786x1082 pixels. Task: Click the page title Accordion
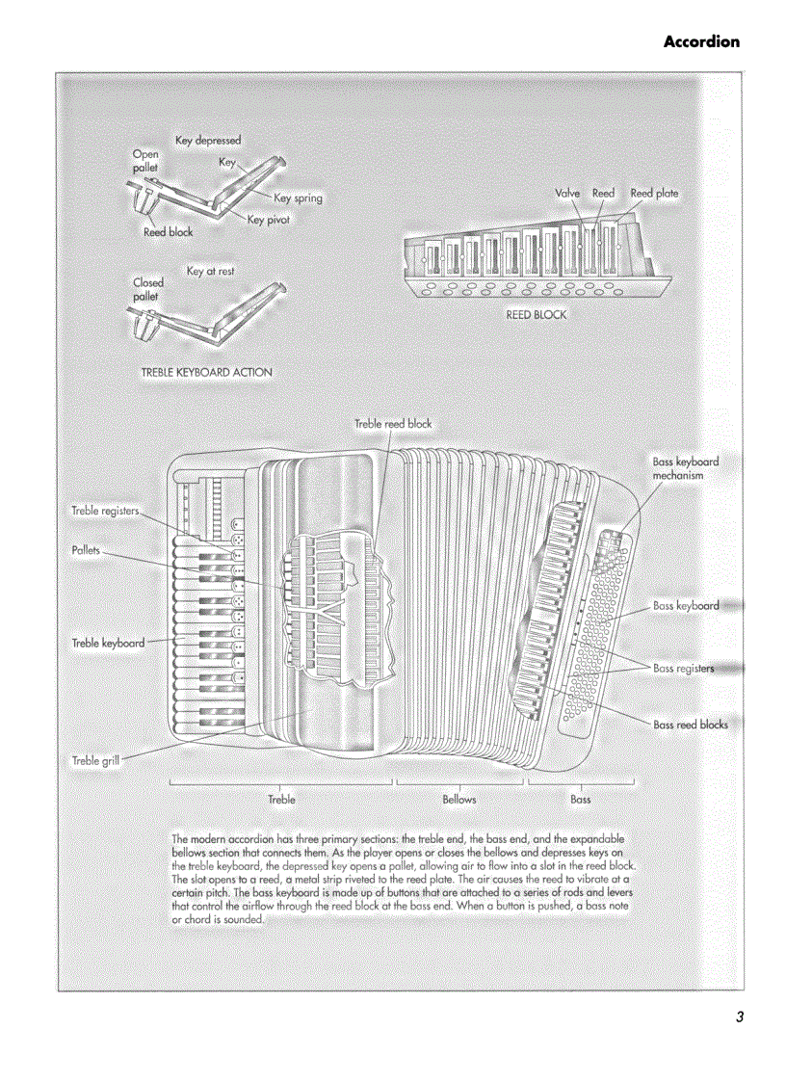click(701, 41)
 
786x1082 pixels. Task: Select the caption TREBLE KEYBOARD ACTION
click(206, 372)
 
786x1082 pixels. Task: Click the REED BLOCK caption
click(537, 315)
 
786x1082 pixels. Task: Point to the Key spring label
click(298, 198)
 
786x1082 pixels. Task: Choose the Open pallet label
click(145, 160)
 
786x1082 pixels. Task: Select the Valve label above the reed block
click(567, 193)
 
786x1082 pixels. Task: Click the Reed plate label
click(654, 193)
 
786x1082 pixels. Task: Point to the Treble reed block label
click(392, 423)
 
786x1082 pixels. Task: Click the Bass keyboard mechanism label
click(685, 468)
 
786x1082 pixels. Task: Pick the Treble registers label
click(105, 510)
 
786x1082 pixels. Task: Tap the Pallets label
click(86, 550)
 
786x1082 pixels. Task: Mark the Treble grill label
click(95, 761)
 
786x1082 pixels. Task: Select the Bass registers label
click(683, 668)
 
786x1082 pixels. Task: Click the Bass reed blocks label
click(690, 725)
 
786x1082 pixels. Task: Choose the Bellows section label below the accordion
click(459, 799)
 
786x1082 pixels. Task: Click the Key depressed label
click(207, 141)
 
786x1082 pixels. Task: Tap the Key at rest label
click(210, 272)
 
